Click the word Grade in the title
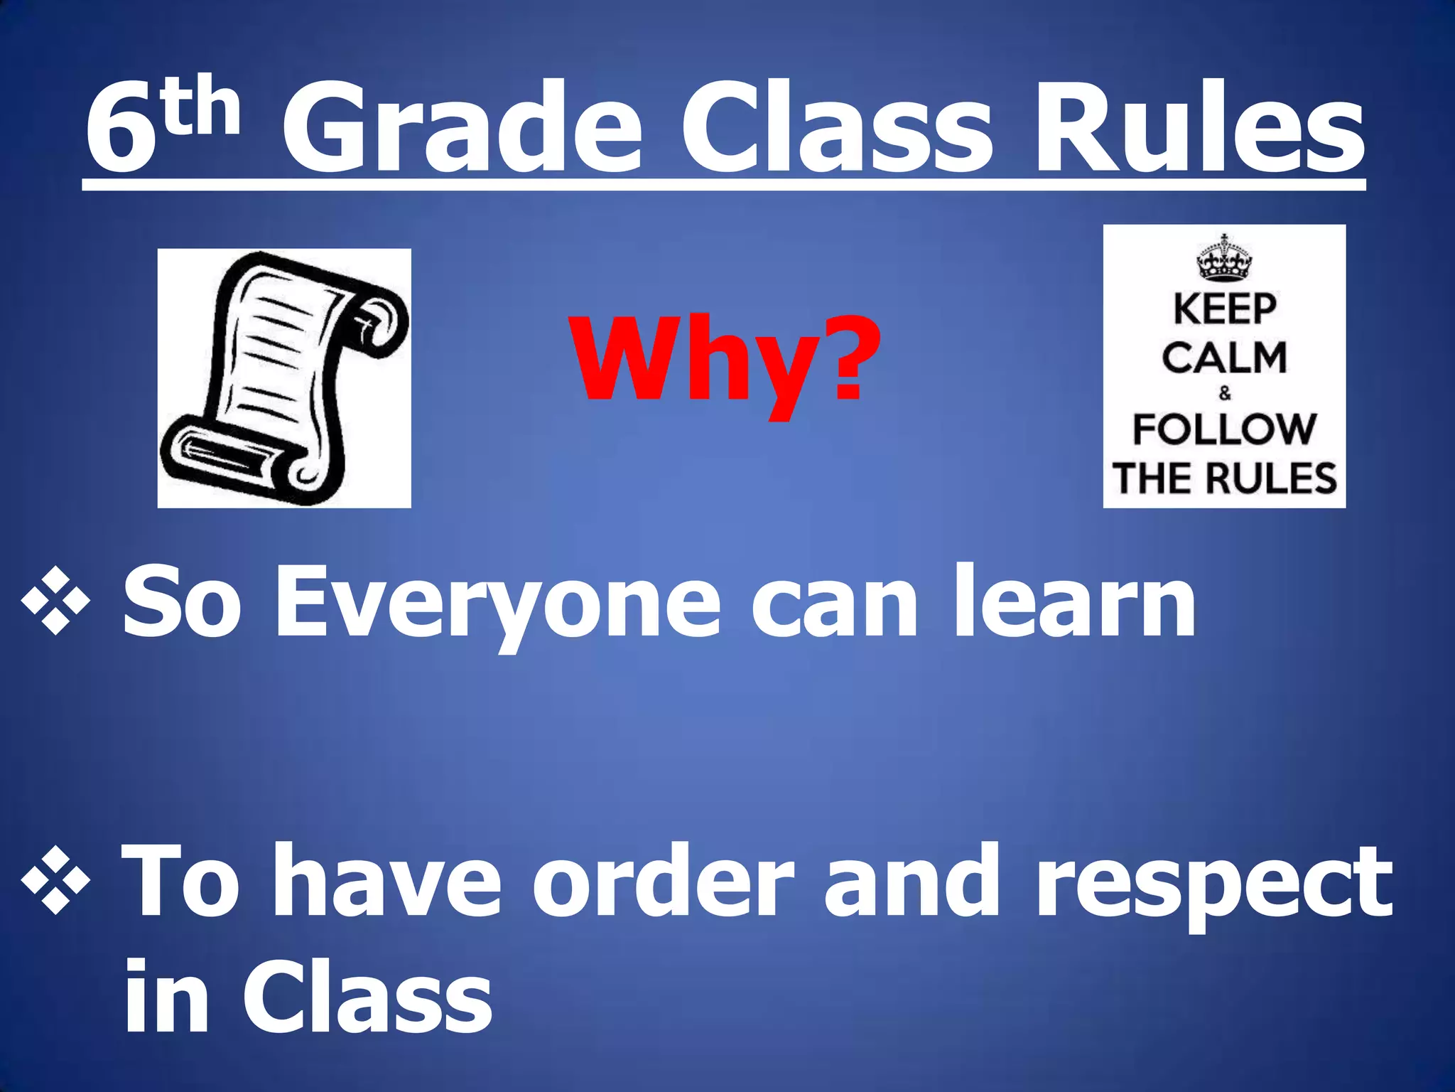[x=462, y=128]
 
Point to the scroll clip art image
[x=284, y=378]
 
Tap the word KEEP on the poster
[x=1224, y=310]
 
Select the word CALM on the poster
[x=1224, y=358]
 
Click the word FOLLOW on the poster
[x=1224, y=429]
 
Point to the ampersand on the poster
[x=1224, y=392]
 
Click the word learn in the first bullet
[x=1073, y=601]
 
